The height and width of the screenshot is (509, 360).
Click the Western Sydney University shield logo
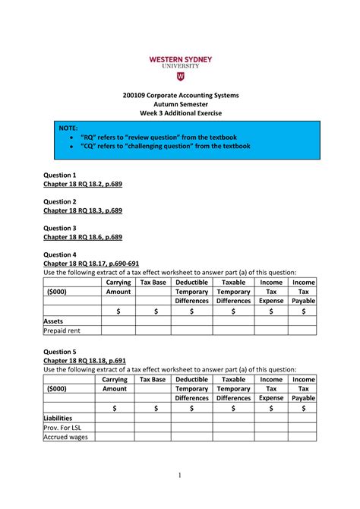click(x=179, y=77)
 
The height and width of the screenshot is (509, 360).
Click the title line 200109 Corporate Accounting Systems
click(x=179, y=95)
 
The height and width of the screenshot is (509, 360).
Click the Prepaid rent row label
click(x=62, y=330)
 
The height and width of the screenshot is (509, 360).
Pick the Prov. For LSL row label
click(x=62, y=428)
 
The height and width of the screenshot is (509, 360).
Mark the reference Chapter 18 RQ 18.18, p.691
click(x=83, y=361)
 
